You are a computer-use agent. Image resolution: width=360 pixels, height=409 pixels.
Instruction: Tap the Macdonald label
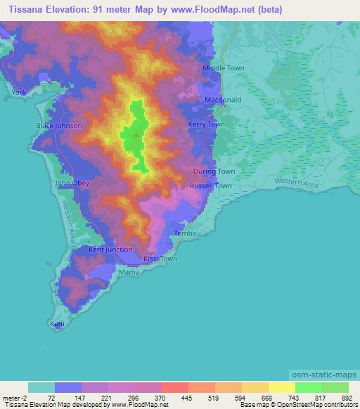click(223, 100)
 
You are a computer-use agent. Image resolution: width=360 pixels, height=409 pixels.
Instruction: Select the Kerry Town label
click(207, 124)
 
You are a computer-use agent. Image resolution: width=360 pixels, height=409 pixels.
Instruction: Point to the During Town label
click(214, 171)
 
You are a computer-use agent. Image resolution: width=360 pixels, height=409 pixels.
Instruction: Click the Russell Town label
click(211, 186)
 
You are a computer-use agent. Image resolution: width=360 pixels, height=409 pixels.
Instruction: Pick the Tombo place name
click(183, 233)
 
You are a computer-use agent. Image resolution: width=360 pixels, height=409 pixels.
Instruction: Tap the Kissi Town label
click(160, 259)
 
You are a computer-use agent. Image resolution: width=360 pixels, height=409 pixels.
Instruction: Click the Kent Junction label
click(110, 249)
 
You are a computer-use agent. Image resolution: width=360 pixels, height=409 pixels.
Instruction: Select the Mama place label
click(128, 271)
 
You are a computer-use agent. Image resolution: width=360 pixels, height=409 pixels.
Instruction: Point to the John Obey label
click(73, 183)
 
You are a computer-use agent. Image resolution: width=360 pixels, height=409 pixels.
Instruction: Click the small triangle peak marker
click(135, 130)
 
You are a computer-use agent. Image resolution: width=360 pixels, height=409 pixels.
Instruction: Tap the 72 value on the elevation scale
click(51, 398)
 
